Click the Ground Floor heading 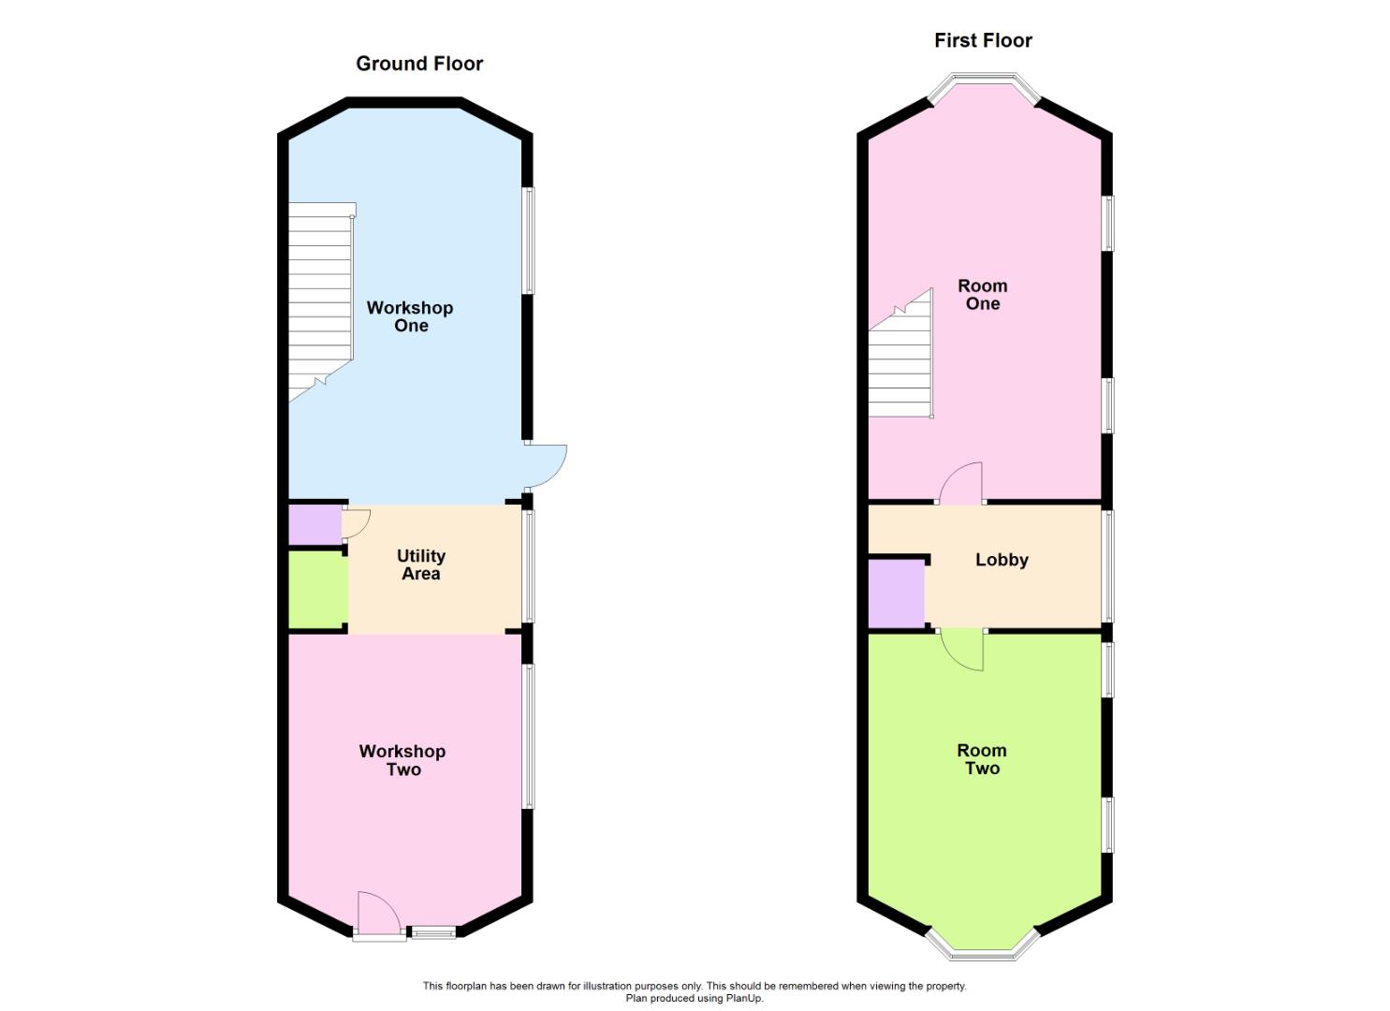coord(419,64)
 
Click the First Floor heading coord(983,40)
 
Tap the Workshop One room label coord(410,316)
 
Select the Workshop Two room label coord(402,760)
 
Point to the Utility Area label coord(421,564)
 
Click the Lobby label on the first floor coord(1002,560)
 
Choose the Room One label coord(983,294)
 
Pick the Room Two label coord(982,759)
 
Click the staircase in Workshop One coord(320,300)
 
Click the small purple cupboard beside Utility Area coord(315,524)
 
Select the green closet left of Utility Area coord(316,589)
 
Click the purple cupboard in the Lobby coord(896,593)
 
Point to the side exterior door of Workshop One coord(546,466)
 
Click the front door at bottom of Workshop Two coord(378,914)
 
